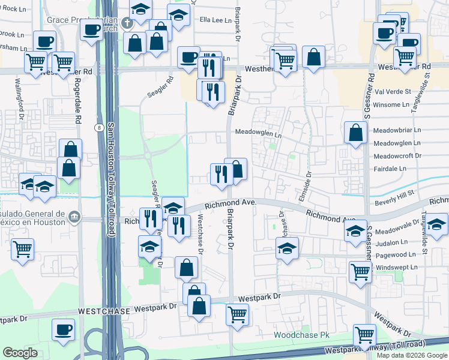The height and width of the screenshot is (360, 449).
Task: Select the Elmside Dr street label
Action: [x=304, y=187]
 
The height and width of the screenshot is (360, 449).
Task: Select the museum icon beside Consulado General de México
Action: [x=74, y=216]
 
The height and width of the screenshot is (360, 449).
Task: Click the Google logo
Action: [x=20, y=353]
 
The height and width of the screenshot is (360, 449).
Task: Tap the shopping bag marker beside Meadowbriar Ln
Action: [x=356, y=133]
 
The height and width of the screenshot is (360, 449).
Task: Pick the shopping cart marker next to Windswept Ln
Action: [x=360, y=271]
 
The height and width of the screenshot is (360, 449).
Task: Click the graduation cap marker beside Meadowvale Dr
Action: [x=356, y=230]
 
